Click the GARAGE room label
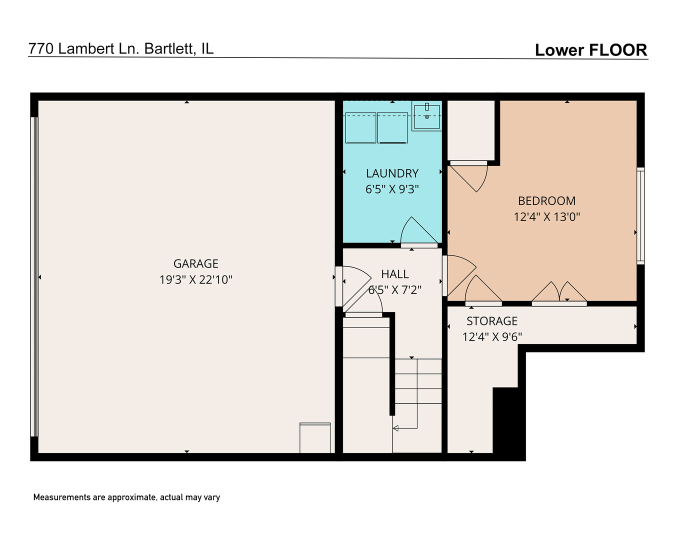pyautogui.click(x=195, y=263)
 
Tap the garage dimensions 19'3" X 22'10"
pyautogui.click(x=195, y=279)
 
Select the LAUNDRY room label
pyautogui.click(x=392, y=173)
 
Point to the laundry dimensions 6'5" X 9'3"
pyautogui.click(x=392, y=189)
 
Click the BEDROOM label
pyautogui.click(x=546, y=201)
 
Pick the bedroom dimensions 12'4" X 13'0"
pyautogui.click(x=546, y=217)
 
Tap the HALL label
pyautogui.click(x=395, y=274)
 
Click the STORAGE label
pyautogui.click(x=492, y=321)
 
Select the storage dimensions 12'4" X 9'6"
pyautogui.click(x=492, y=337)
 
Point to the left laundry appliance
pyautogui.click(x=360, y=128)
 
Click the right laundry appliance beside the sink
pyautogui.click(x=392, y=128)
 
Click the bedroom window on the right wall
pyautogui.click(x=640, y=216)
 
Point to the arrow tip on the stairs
pyautogui.click(x=395, y=428)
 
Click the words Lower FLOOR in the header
pyautogui.click(x=590, y=50)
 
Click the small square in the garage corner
pyautogui.click(x=315, y=438)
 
